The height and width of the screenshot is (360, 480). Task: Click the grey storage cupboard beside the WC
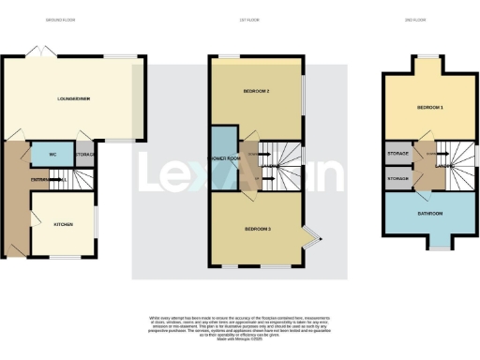tap(84, 156)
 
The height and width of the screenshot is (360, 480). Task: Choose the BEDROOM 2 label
tap(256, 91)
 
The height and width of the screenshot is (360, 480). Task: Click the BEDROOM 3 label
tap(257, 229)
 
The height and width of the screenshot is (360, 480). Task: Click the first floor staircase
tap(281, 166)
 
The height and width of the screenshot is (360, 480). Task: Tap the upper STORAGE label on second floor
tap(397, 152)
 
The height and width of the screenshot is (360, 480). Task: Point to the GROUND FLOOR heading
tap(62, 18)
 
